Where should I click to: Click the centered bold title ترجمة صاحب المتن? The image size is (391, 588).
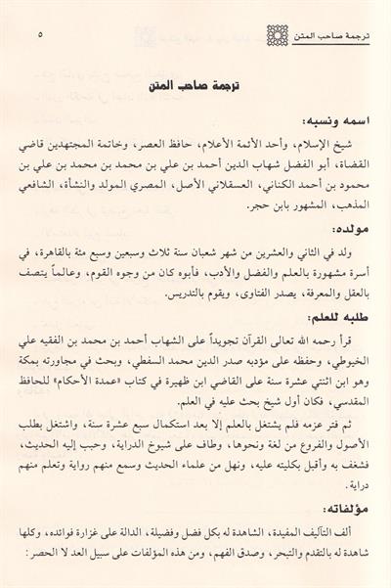195,84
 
